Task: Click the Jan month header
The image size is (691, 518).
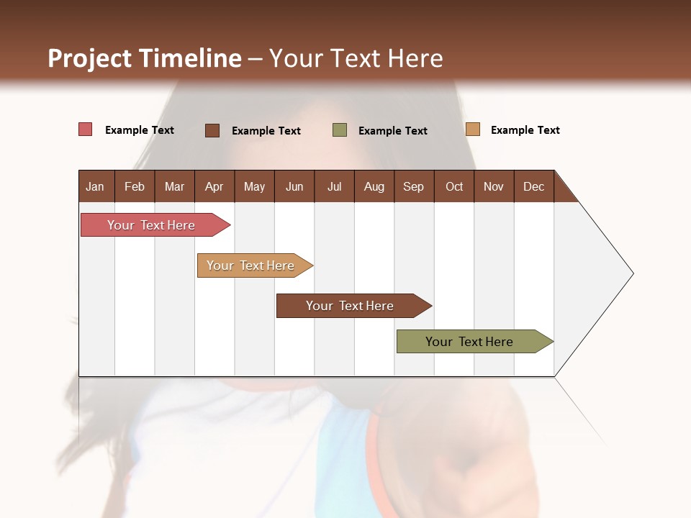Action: click(95, 186)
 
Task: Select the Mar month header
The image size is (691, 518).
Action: click(174, 186)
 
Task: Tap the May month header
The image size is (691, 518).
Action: click(254, 186)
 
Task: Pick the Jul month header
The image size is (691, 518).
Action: click(334, 186)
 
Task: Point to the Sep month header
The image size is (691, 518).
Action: click(413, 186)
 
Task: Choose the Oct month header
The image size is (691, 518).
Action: click(454, 186)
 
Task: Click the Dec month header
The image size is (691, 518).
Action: click(533, 186)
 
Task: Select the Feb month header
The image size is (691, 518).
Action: click(135, 186)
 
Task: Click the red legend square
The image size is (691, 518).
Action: click(85, 129)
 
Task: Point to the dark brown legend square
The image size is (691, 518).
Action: click(212, 130)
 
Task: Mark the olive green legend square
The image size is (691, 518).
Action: click(340, 130)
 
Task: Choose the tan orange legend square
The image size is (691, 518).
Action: click(472, 129)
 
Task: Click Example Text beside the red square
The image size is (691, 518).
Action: click(140, 130)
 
